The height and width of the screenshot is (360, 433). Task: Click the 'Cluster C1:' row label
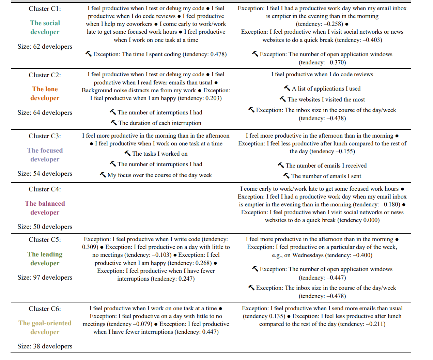45,9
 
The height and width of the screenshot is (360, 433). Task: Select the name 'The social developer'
45,28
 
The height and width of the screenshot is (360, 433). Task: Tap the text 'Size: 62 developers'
45,47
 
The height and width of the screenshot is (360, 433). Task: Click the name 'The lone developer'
45,94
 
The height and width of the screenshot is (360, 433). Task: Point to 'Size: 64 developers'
45,113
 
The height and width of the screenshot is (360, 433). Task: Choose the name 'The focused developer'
45,155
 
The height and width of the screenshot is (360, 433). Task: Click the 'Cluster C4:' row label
45,189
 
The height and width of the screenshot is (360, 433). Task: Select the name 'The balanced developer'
45,208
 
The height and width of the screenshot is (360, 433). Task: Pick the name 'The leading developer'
45,259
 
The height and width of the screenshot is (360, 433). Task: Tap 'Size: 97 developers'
45,278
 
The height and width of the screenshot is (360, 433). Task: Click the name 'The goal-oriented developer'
45,328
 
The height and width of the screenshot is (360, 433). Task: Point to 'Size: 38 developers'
45,346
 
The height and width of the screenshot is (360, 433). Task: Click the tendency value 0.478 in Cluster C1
217,54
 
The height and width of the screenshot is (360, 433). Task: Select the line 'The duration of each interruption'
160,123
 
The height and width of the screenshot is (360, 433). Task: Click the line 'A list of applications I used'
326,89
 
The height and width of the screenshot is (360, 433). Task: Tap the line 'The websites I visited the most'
326,100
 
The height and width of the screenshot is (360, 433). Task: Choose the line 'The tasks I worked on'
160,154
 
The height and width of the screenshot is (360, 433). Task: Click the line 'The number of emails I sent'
326,176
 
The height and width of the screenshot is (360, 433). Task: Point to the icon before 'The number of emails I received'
281,165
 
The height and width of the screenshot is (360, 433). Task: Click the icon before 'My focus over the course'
103,175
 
